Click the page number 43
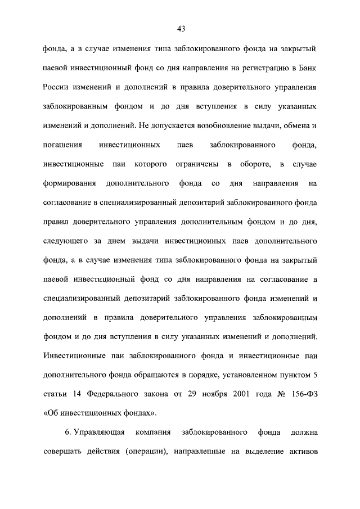pyautogui.click(x=181, y=29)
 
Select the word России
pyautogui.click(x=57, y=88)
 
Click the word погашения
pyautogui.click(x=62, y=146)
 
